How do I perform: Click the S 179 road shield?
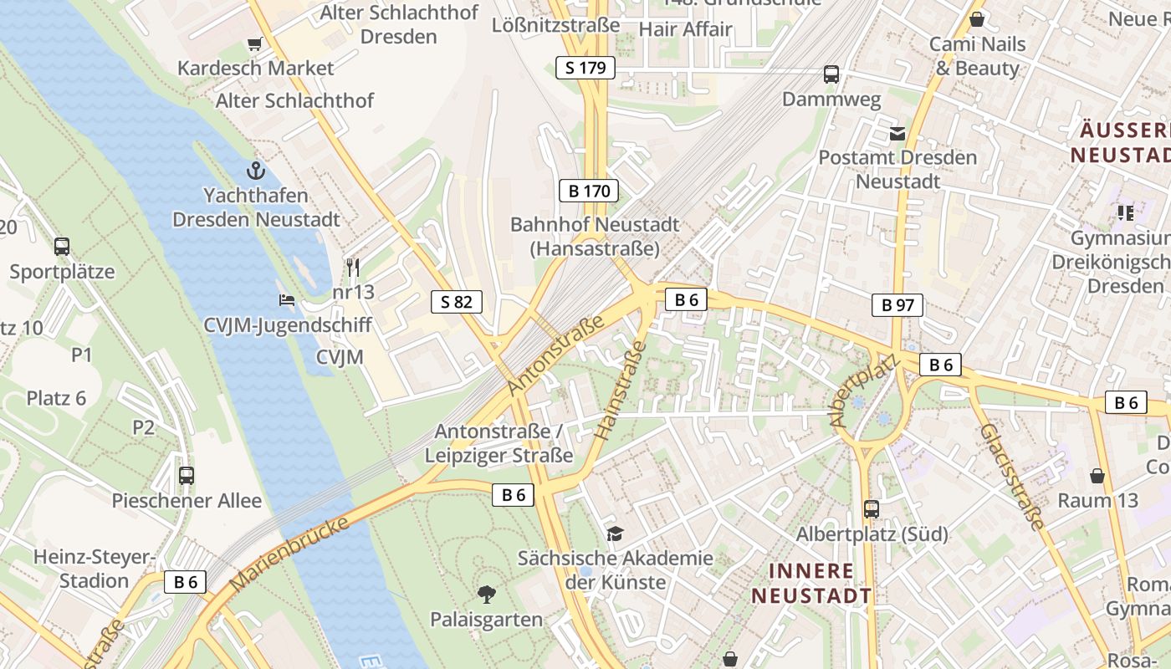(x=585, y=68)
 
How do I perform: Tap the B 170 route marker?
(x=589, y=191)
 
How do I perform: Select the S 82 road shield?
(x=457, y=301)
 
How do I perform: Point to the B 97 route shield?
(x=898, y=305)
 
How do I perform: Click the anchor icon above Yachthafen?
(x=255, y=171)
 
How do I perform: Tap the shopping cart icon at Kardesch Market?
(x=254, y=43)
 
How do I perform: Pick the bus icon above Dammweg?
(x=831, y=74)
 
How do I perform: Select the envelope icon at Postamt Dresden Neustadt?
(x=897, y=133)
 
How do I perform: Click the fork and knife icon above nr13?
(x=353, y=268)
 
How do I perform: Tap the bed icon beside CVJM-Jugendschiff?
(x=286, y=299)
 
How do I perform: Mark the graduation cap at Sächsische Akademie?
(x=615, y=534)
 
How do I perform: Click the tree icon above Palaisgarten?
(x=486, y=595)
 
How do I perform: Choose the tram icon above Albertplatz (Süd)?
(x=872, y=508)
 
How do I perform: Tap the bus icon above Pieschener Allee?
(x=187, y=475)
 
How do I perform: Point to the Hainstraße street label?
(x=621, y=385)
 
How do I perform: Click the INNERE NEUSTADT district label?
(x=811, y=583)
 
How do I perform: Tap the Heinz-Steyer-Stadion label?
(x=95, y=569)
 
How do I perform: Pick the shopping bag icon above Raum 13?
(x=1097, y=476)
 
